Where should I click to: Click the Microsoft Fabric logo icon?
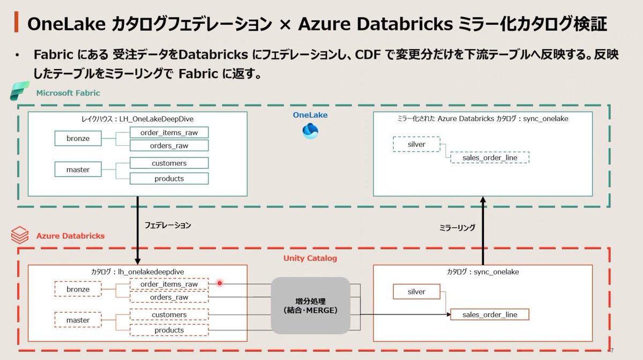(x=20, y=92)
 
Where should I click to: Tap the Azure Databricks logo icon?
(x=20, y=235)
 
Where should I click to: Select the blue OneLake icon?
(x=310, y=131)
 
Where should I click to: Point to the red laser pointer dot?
(x=219, y=283)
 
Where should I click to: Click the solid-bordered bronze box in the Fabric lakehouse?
(x=78, y=139)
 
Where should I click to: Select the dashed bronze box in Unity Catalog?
(x=78, y=290)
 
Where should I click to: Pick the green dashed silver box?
(x=416, y=145)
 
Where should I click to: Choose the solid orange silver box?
(x=416, y=292)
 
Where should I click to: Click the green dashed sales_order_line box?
(x=489, y=157)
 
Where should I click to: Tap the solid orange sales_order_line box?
(x=490, y=314)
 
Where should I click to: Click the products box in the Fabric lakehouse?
(x=169, y=178)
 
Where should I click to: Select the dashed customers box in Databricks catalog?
(x=169, y=315)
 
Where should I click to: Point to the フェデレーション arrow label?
(x=168, y=226)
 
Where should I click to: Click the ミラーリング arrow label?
(x=457, y=228)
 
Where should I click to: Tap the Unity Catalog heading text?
(x=310, y=258)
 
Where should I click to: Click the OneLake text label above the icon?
(x=310, y=115)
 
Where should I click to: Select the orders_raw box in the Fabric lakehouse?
(x=169, y=146)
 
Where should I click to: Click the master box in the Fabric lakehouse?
(x=78, y=170)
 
